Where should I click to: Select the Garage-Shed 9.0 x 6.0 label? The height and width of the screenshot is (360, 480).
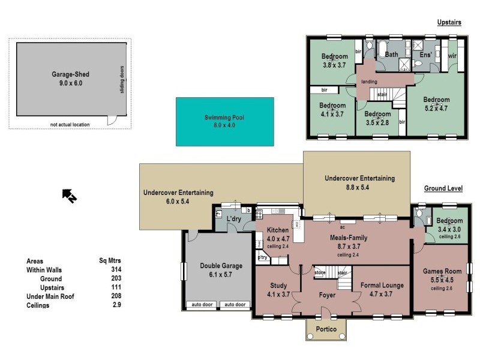(x=70, y=79)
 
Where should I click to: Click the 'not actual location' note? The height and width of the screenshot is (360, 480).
(x=70, y=125)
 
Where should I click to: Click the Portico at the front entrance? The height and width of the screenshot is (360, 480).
(x=327, y=329)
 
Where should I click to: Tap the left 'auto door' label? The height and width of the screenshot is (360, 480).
(x=202, y=305)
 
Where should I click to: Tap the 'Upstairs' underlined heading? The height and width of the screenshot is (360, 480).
(x=449, y=22)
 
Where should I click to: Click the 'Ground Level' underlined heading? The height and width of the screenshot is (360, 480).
(x=443, y=188)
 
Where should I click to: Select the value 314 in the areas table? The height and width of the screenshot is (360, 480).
(x=108, y=270)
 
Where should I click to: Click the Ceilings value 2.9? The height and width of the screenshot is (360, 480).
(x=108, y=305)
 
